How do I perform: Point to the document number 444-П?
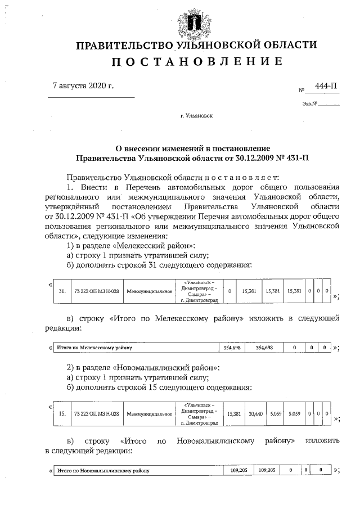tap(326, 86)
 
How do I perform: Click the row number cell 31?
tap(62, 291)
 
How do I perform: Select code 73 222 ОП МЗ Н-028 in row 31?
tap(96, 291)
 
